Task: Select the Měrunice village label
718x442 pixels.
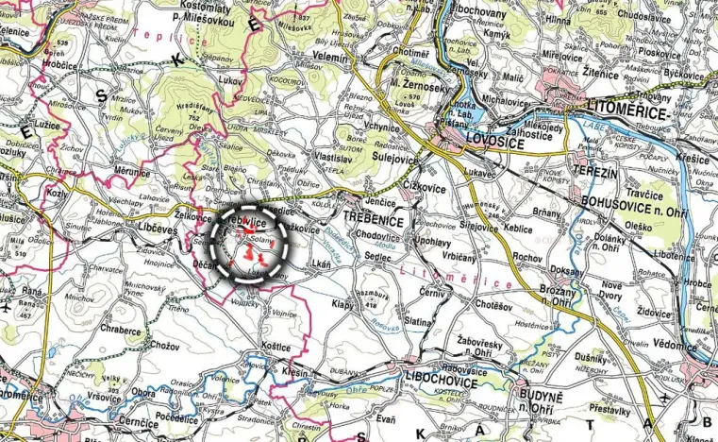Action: (x=134, y=170)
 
